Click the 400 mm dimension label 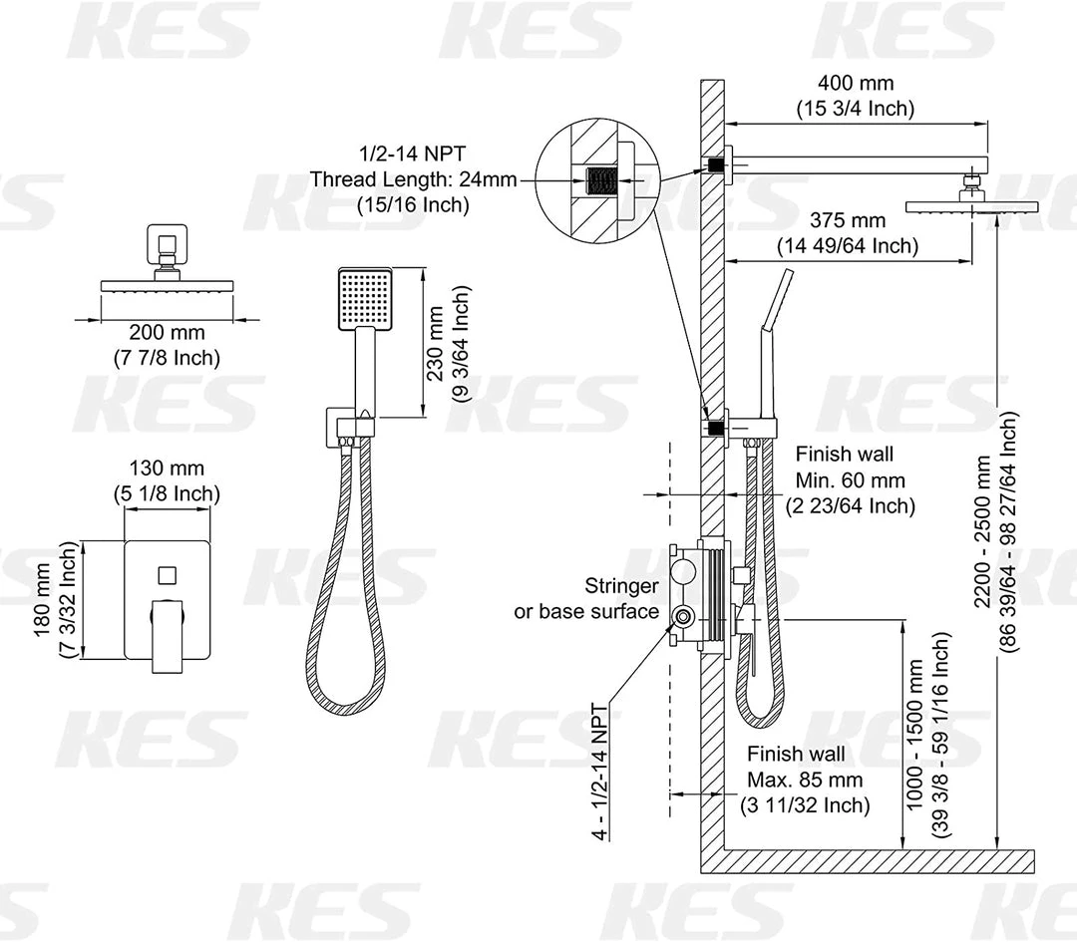(x=855, y=85)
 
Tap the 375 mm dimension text (x=847, y=220)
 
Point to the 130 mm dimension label (x=167, y=468)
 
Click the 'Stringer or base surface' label (x=586, y=598)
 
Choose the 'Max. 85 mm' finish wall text (x=806, y=780)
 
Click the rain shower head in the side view (x=971, y=204)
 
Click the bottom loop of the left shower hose (x=343, y=703)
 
